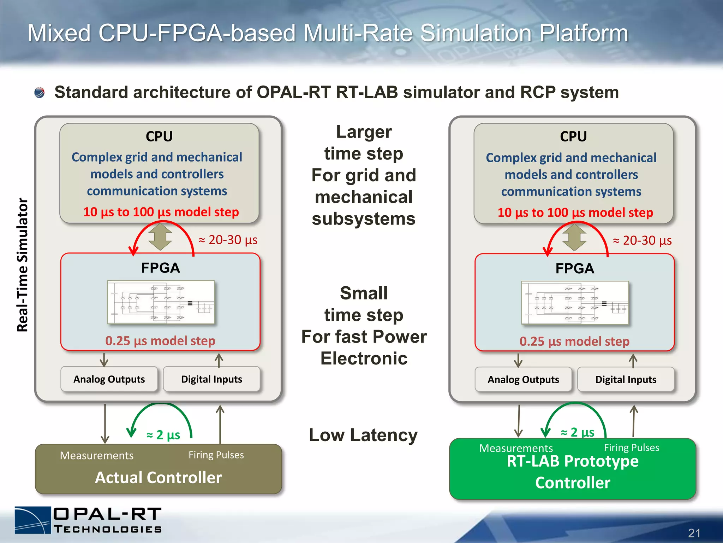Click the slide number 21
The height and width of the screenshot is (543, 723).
point(694,533)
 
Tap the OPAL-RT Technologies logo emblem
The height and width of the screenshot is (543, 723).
point(33,520)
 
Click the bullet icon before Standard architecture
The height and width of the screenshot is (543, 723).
point(40,93)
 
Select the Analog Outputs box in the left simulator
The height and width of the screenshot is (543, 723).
point(109,379)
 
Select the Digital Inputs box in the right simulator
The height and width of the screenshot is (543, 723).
point(626,379)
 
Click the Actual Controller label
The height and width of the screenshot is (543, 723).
point(159,477)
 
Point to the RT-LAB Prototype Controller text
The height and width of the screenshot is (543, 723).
point(573,472)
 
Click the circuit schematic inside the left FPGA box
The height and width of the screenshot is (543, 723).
point(161,302)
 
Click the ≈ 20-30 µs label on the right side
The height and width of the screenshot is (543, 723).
point(642,240)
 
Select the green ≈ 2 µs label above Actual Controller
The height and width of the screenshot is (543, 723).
point(163,434)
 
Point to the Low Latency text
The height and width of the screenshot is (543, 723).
point(363,435)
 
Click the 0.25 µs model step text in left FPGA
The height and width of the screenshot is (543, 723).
point(160,341)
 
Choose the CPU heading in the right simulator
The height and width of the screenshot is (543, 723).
point(573,136)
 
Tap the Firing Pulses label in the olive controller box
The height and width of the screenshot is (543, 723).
point(216,455)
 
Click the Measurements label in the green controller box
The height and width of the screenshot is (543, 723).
point(516,448)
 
